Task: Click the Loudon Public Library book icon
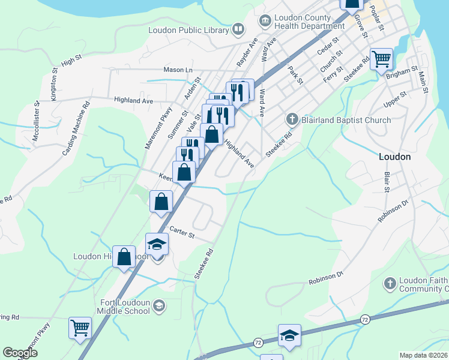[x=238, y=29]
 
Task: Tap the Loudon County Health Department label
[x=310, y=22]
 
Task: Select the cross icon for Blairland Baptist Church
[x=292, y=119]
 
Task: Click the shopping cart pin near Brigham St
[x=381, y=59]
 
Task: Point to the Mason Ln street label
[x=178, y=70]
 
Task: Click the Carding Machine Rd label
[x=76, y=128]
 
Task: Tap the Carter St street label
[x=182, y=232]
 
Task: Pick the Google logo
[x=20, y=353]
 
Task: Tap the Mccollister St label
[x=35, y=119]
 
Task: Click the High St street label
[x=71, y=61]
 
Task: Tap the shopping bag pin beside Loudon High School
[x=124, y=257]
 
